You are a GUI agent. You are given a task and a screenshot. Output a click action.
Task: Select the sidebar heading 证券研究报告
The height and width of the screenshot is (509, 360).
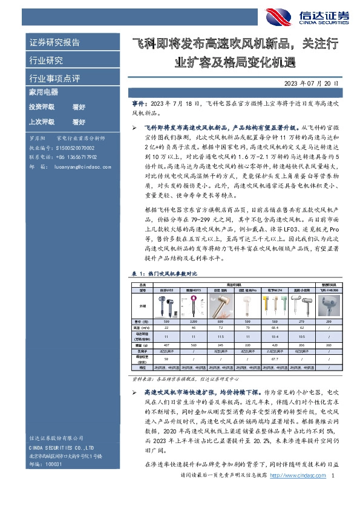click(x=54, y=42)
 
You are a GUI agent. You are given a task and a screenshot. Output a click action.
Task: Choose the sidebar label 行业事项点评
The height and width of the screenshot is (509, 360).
click(x=54, y=78)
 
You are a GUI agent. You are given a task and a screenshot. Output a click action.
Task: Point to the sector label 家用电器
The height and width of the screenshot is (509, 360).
click(x=43, y=92)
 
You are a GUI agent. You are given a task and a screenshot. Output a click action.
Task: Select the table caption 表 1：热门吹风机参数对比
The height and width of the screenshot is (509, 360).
click(x=164, y=272)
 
